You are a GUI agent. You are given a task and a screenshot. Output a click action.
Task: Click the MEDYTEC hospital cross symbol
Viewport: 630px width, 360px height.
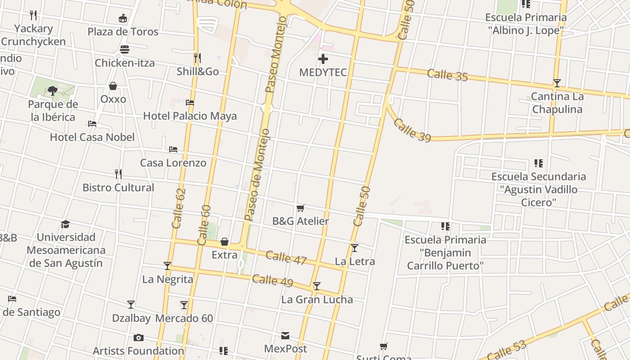coord(323,59)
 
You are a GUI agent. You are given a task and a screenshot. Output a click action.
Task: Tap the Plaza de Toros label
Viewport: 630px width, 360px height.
coord(123,31)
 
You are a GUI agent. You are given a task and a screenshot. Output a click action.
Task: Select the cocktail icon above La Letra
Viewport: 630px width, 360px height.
coord(355,247)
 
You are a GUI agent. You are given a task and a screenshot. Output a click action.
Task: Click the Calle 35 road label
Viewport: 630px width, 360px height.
coord(447,75)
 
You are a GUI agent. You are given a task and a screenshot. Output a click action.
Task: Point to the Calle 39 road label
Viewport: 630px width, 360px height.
coord(412,130)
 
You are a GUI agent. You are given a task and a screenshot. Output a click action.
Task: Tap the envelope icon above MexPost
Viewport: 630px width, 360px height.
coord(285,336)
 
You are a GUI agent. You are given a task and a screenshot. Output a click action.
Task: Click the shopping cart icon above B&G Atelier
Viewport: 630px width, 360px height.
coord(301,208)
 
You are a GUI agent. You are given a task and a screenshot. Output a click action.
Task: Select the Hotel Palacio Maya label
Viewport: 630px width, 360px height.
coord(190,116)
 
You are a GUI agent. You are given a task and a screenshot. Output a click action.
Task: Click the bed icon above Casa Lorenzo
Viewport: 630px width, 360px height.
coord(173,149)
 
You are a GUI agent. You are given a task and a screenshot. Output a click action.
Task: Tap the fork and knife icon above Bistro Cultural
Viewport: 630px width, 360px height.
coord(118,174)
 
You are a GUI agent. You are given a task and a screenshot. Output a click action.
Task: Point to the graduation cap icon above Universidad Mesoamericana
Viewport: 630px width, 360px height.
coord(66,224)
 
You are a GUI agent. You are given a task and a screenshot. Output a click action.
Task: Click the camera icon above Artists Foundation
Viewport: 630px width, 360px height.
coord(139,337)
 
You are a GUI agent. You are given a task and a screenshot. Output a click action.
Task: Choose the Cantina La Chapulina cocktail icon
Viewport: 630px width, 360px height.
coord(557,83)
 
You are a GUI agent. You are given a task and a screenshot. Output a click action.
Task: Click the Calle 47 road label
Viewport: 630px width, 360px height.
coord(286,257)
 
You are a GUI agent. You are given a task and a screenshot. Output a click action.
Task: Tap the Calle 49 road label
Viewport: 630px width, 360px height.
coord(272,280)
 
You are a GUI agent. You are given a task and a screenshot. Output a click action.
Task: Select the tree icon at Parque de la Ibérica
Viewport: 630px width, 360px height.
coord(53,91)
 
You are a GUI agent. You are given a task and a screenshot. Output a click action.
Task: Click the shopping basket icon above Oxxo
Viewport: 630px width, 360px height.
coord(113,86)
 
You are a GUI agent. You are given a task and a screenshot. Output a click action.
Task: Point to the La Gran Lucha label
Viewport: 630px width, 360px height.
coord(317,300)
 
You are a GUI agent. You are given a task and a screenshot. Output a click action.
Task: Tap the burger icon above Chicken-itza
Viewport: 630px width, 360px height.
coord(125,49)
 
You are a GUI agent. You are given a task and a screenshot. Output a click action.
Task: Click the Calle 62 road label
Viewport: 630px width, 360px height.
coord(179,208)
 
